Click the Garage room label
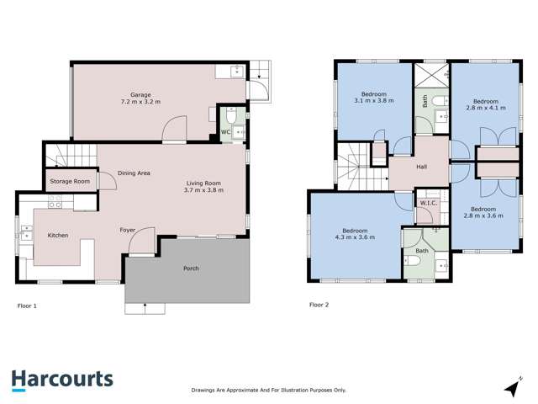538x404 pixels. pos(140,94)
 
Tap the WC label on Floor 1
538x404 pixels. pos(225,132)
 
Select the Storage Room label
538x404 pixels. pos(69,181)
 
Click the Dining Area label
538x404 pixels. pos(134,173)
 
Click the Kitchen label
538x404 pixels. pos(57,236)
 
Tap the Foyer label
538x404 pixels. pos(128,229)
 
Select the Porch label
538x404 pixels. pos(191,268)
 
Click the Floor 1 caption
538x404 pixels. pos(27,306)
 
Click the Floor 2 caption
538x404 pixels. pos(319,305)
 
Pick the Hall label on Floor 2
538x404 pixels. pos(421,167)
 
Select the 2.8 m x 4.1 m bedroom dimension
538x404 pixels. pos(485,109)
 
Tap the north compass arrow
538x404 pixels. pos(510,388)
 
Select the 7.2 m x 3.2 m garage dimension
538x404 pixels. pos(140,102)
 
